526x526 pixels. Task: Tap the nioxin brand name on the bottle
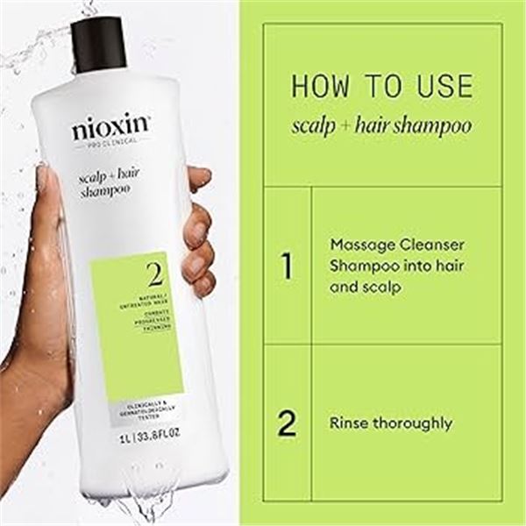[110, 129]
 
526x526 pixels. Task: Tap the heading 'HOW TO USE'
[381, 87]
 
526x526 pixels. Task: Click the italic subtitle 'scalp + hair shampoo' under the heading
[381, 125]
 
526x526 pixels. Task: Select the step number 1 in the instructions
[287, 265]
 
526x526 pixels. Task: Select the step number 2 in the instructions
[287, 423]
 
